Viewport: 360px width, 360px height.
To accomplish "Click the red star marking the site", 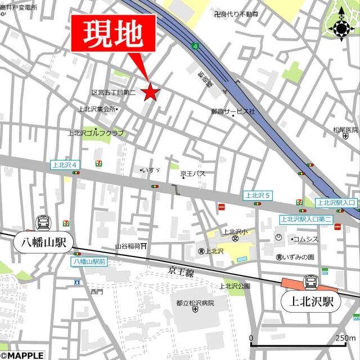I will point(150,92).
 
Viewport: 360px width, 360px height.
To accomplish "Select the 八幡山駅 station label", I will point(41,243).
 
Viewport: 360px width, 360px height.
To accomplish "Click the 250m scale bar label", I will point(344,338).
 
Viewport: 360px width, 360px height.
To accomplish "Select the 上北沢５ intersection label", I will point(258,195).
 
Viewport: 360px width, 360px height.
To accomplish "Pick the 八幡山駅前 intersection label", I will point(89,262).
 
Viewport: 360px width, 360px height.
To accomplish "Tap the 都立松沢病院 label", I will point(195,303).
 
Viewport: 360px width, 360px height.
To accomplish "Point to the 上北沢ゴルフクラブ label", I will point(96,133).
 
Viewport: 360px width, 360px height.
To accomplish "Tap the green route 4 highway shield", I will point(195,45).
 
